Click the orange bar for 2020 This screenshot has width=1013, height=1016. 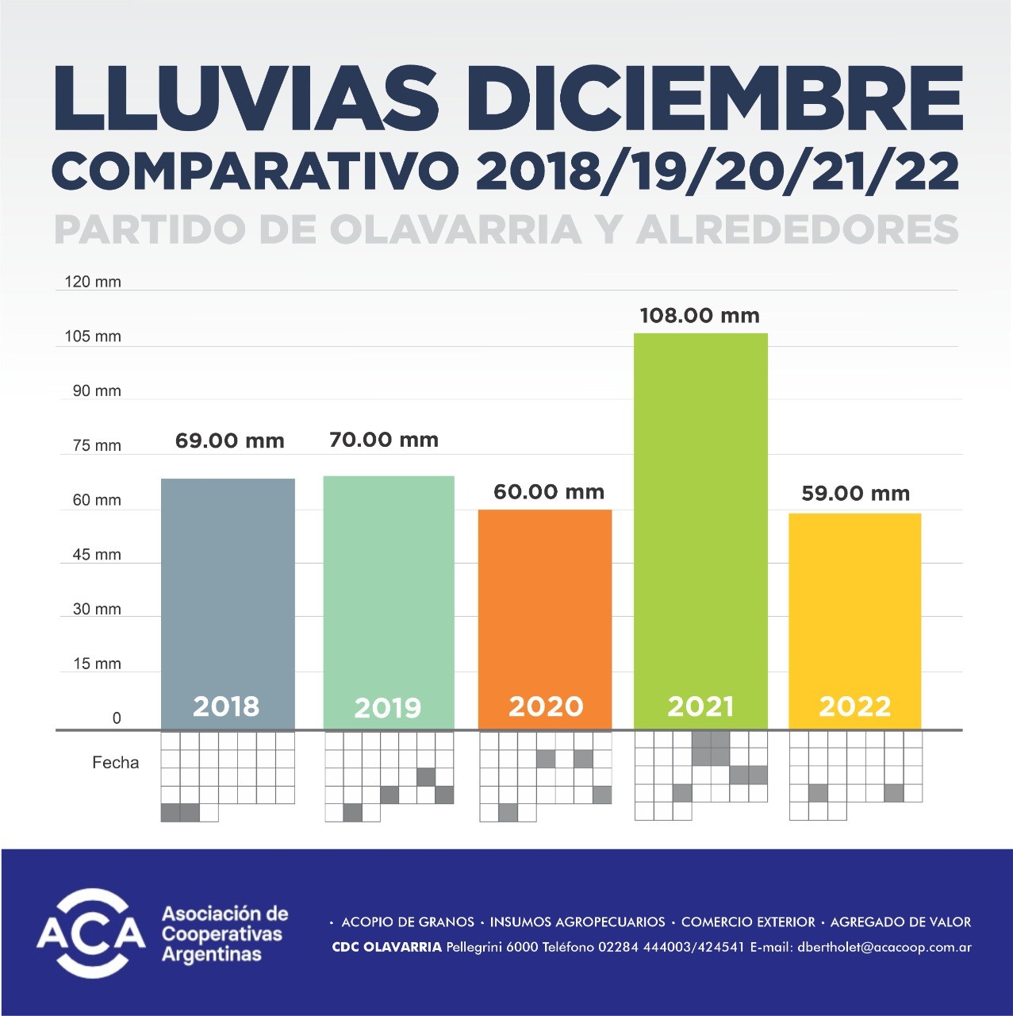pyautogui.click(x=545, y=603)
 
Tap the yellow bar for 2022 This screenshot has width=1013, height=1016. pyautogui.click(x=854, y=603)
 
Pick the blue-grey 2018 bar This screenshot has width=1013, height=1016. pyautogui.click(x=228, y=587)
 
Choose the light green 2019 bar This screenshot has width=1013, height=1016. pyautogui.click(x=389, y=587)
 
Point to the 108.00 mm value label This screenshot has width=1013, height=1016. pyautogui.click(x=700, y=316)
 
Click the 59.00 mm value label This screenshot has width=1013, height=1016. pyautogui.click(x=855, y=494)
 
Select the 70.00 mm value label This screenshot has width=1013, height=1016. pyautogui.click(x=384, y=440)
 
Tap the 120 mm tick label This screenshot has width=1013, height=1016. pyautogui.click(x=93, y=282)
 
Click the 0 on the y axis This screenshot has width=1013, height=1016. pyautogui.click(x=117, y=718)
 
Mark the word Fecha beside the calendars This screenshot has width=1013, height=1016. pyautogui.click(x=116, y=763)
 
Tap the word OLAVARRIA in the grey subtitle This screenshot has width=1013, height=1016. pyautogui.click(x=455, y=229)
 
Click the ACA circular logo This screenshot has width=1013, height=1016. pyautogui.click(x=91, y=933)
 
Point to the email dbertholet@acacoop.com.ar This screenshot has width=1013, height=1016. pyautogui.click(x=884, y=947)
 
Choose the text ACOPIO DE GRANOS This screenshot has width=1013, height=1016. pyautogui.click(x=408, y=922)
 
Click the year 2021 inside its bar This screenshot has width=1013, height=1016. pyautogui.click(x=700, y=706)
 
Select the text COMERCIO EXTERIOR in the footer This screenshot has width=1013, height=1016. pyautogui.click(x=748, y=922)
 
